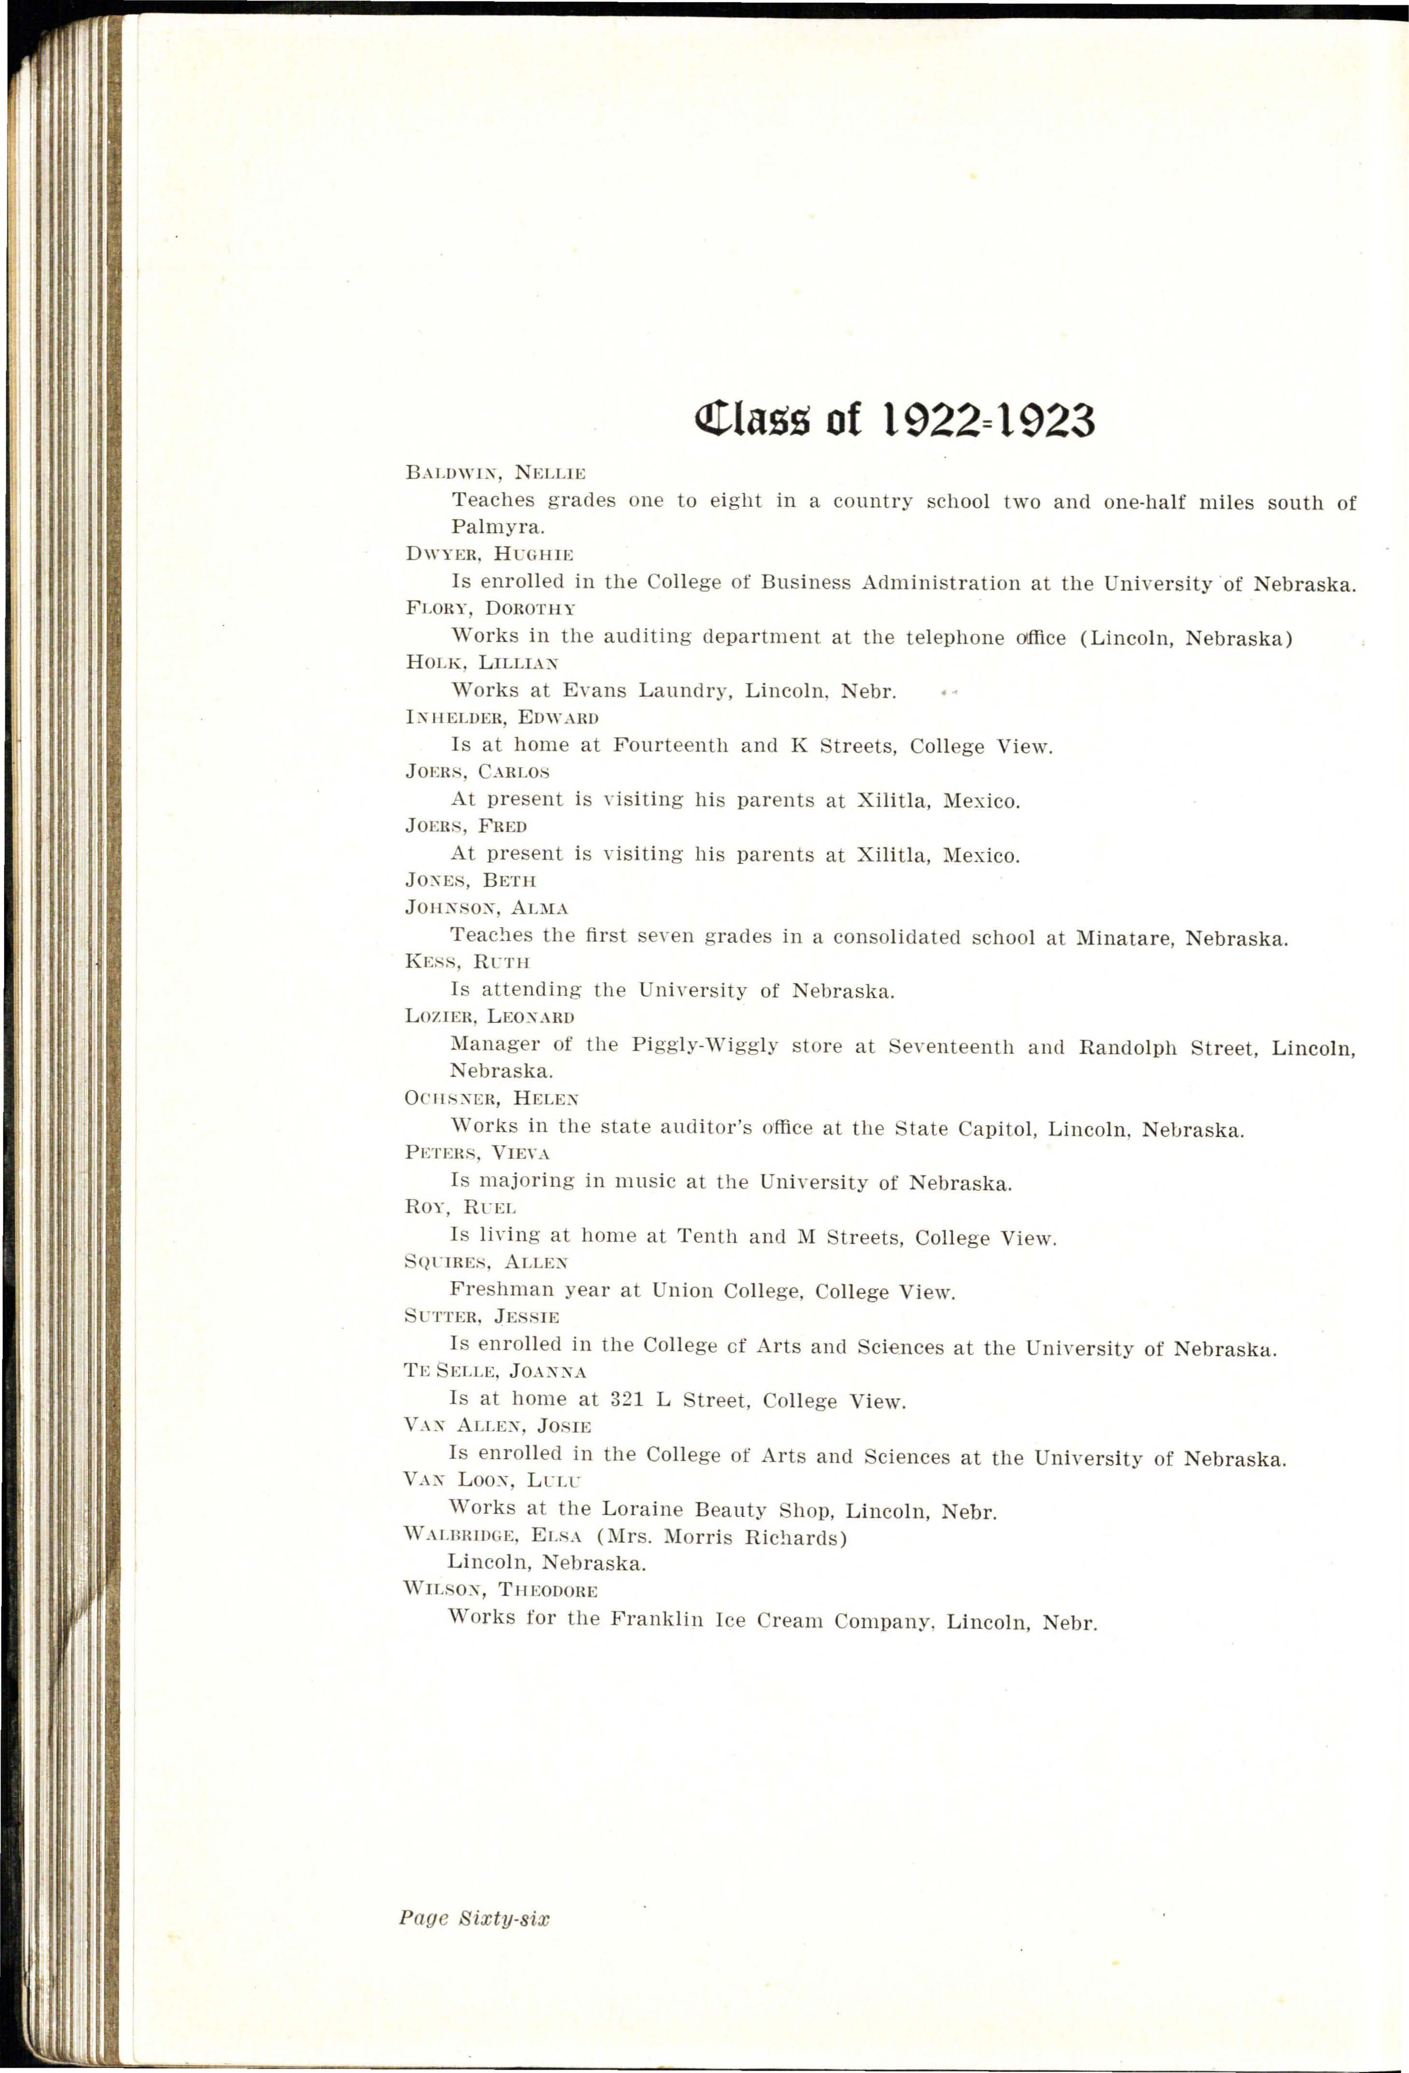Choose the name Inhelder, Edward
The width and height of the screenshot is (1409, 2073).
tap(502, 717)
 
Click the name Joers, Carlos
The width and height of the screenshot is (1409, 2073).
tap(477, 772)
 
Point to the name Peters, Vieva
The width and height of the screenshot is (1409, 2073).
tap(477, 1153)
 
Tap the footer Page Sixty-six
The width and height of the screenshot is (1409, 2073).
tap(474, 1919)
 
